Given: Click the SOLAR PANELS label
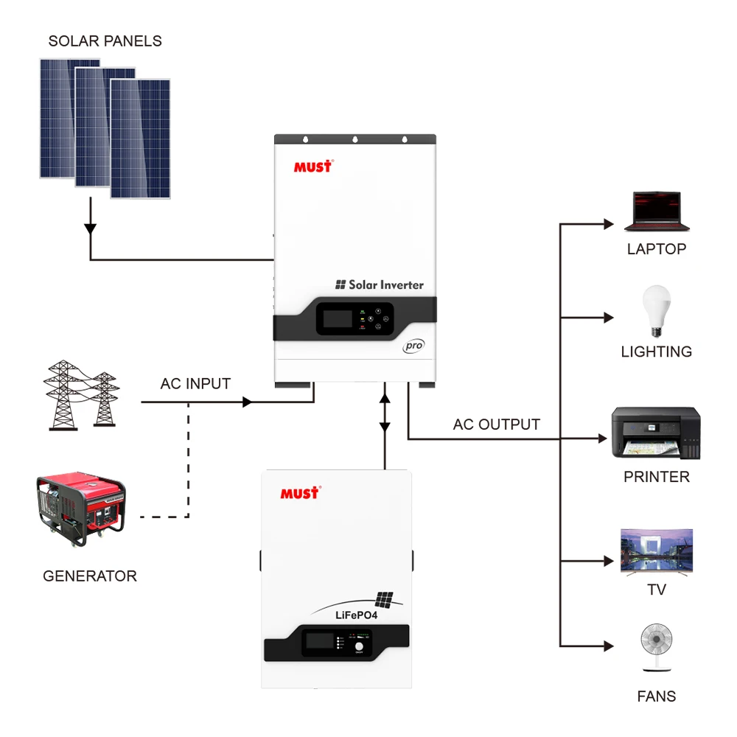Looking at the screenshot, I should (105, 41).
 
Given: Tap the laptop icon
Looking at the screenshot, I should (656, 212).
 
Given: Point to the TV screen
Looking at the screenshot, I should (656, 550).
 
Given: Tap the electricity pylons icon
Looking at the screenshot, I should (81, 394).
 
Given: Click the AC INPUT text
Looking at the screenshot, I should (195, 384).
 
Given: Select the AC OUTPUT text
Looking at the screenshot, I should (496, 425).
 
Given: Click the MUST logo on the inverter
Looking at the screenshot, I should (313, 166).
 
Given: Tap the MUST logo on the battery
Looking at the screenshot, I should (300, 492).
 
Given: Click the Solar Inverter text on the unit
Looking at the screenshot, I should (380, 284).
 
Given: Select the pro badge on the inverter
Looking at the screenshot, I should (413, 346).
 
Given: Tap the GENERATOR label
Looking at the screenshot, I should (90, 576).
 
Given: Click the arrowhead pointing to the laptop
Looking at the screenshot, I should (608, 223).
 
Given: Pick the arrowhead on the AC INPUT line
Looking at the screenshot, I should (248, 402).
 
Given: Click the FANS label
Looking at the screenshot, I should (656, 696).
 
